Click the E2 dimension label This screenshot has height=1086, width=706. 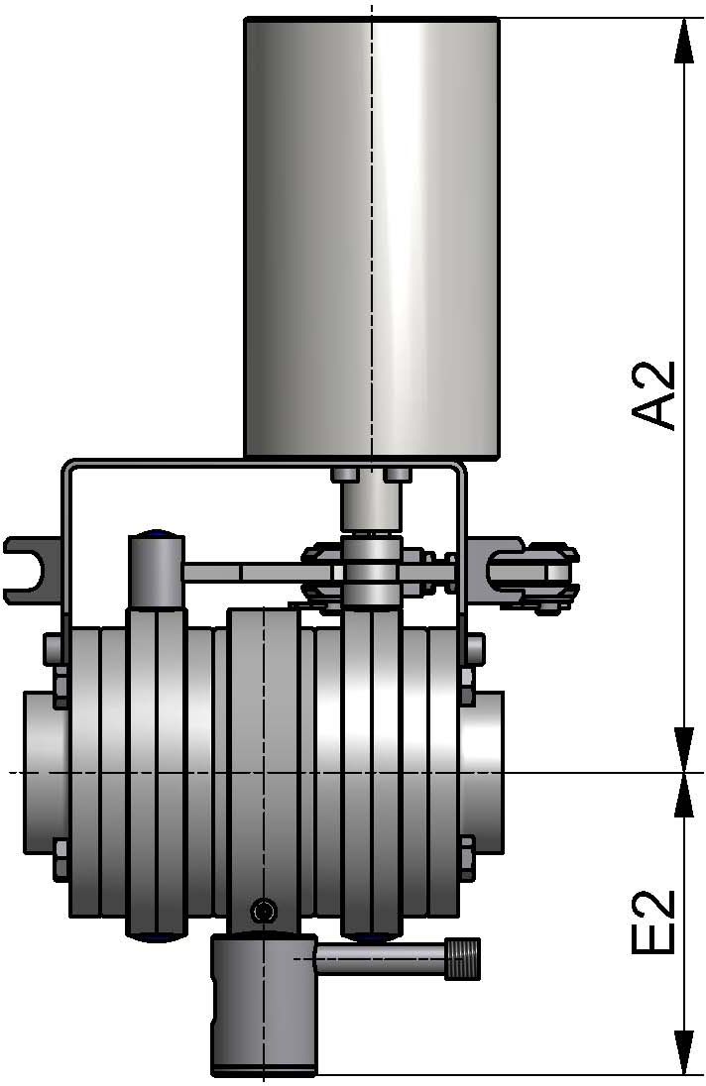click(654, 922)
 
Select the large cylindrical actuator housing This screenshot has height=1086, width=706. click(372, 238)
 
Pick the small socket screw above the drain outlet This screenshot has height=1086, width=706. click(263, 910)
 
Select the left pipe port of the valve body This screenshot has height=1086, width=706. click(45, 771)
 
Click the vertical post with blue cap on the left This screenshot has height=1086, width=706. click(156, 572)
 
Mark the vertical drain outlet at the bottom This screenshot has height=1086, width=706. click(263, 1011)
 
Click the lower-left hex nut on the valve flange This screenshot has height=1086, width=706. click(56, 855)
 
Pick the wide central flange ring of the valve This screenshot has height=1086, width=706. click(263, 763)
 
